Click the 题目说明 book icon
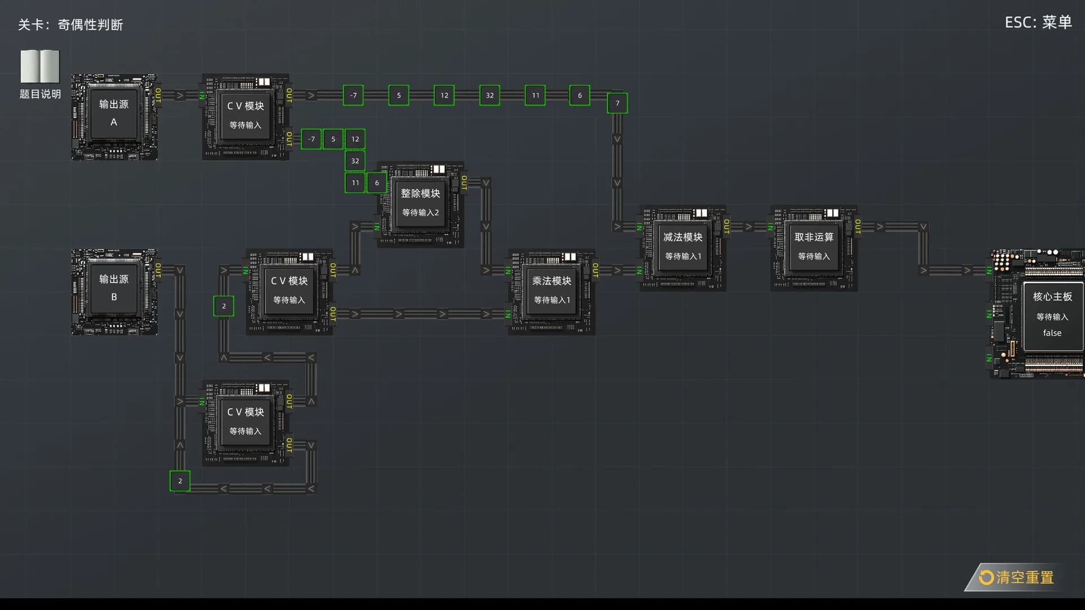(40, 66)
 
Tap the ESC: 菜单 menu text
(1038, 22)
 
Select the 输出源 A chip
(114, 117)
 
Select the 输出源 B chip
(114, 292)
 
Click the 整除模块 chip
(420, 204)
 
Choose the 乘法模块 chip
(552, 292)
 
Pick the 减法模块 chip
(683, 249)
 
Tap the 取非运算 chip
(814, 249)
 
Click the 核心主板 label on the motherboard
(1052, 297)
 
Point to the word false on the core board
(1052, 333)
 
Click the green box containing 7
(617, 103)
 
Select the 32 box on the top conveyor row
(489, 95)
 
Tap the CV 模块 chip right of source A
(245, 117)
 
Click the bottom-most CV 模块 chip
(245, 423)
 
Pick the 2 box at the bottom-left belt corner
(180, 481)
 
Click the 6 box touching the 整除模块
(377, 183)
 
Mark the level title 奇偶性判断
(90, 25)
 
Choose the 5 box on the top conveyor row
(398, 95)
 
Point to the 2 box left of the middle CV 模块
(224, 306)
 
